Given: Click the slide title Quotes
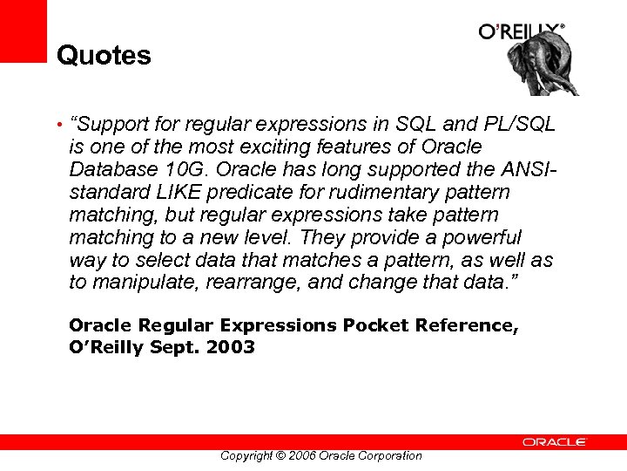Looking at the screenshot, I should coord(104,56).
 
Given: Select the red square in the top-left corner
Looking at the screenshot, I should coord(23,31).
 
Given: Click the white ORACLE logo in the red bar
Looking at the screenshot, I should coord(555,442).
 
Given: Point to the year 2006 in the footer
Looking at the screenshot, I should coord(301,455).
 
